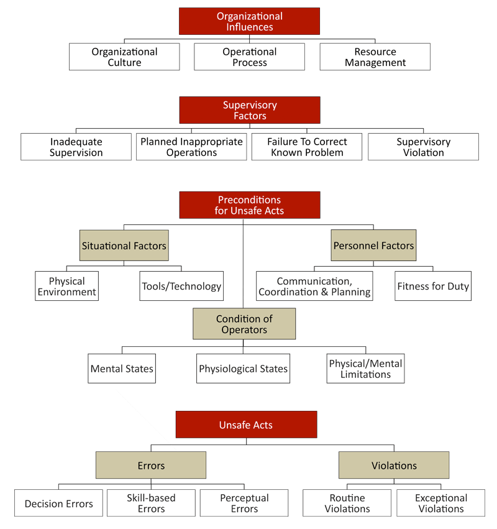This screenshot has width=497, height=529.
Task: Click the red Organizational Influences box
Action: coord(250,21)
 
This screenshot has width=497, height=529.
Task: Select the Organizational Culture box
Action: coord(124,57)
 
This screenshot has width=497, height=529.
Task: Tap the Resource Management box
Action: coord(375,57)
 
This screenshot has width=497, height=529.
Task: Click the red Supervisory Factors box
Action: coord(250,110)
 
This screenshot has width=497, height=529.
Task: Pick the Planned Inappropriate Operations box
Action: coord(191,147)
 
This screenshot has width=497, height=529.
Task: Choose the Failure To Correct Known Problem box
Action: coord(307,147)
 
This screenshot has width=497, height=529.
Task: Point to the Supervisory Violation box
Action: coord(423,147)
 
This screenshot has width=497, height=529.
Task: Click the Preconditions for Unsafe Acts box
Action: coord(250,205)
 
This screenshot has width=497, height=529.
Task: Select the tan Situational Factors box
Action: coord(124,246)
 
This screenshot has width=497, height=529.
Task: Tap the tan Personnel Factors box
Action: coord(373,246)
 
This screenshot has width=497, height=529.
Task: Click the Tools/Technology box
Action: coord(181,287)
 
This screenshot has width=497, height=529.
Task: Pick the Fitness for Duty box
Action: coord(432,287)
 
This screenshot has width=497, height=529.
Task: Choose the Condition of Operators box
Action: coord(244,324)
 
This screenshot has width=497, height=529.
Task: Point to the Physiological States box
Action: coord(243,369)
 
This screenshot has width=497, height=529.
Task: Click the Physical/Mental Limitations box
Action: coord(365,369)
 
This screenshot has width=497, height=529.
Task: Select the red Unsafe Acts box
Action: coord(246,425)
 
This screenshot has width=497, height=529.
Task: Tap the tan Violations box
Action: coord(394,465)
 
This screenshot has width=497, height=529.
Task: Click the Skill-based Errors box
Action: coord(151,503)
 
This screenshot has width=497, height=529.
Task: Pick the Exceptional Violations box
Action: coord(440,503)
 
